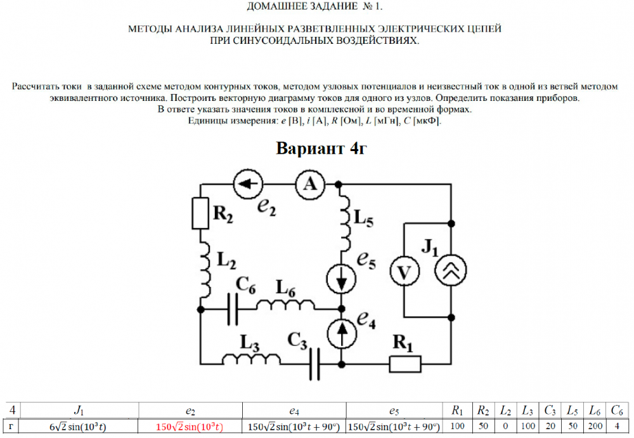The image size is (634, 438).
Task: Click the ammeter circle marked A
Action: pyautogui.click(x=310, y=184)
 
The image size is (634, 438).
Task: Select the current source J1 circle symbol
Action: pyautogui.click(x=451, y=270)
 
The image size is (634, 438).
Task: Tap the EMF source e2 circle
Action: pyautogui.click(x=248, y=184)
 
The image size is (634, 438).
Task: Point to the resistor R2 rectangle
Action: pyautogui.click(x=200, y=213)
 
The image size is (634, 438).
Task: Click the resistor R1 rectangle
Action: pyautogui.click(x=404, y=364)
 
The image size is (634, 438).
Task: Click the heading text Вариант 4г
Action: pyautogui.click(x=321, y=149)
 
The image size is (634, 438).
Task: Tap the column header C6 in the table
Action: pyautogui.click(x=617, y=411)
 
